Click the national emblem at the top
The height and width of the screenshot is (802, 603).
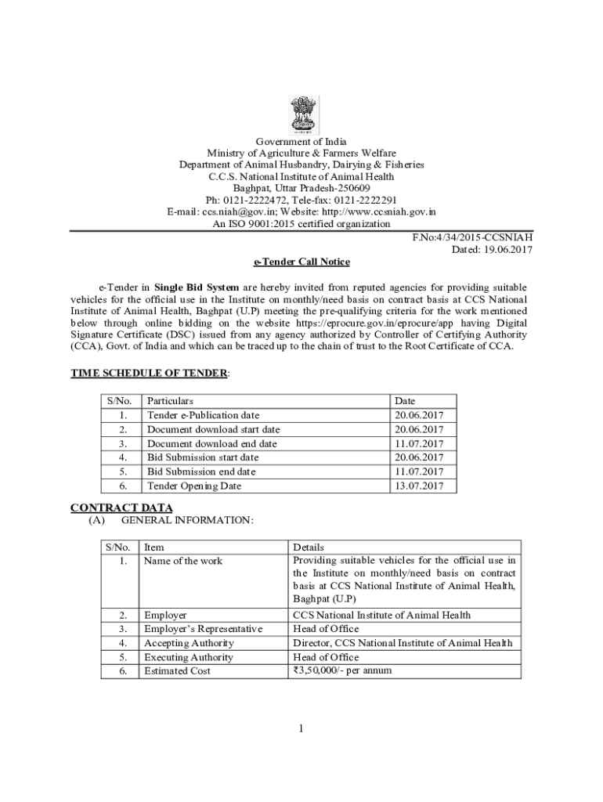click(301, 114)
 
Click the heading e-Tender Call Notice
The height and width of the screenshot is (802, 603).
click(301, 262)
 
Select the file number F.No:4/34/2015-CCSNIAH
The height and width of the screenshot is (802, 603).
click(472, 237)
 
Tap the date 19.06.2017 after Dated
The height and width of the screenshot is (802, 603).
click(507, 249)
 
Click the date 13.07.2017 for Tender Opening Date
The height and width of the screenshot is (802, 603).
click(419, 486)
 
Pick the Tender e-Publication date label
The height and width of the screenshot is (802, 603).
click(203, 415)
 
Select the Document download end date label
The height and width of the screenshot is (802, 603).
click(211, 443)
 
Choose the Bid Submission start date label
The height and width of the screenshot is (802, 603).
click(202, 457)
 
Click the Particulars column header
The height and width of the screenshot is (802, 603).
click(170, 401)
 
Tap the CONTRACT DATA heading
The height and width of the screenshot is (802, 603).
click(121, 508)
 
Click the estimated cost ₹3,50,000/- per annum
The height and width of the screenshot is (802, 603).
click(342, 671)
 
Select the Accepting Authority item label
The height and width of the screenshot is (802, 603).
click(189, 643)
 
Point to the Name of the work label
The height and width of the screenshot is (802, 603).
click(183, 561)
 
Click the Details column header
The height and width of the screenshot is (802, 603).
click(308, 547)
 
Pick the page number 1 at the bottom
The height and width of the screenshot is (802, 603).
click(301, 729)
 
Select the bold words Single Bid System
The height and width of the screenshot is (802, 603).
click(197, 287)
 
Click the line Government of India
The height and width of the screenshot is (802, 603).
click(301, 142)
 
